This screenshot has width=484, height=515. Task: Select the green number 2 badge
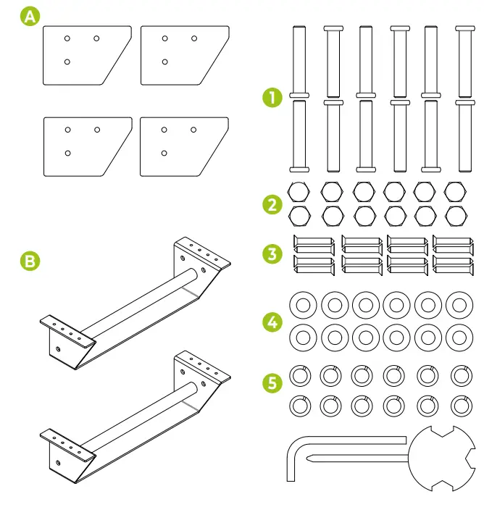pos(272,204)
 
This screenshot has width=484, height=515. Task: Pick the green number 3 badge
pos(272,254)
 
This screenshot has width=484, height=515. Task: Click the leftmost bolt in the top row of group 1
pos(299,61)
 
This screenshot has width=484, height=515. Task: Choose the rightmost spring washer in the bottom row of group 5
pos(459,405)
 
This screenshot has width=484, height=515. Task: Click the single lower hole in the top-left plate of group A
pos(67,62)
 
